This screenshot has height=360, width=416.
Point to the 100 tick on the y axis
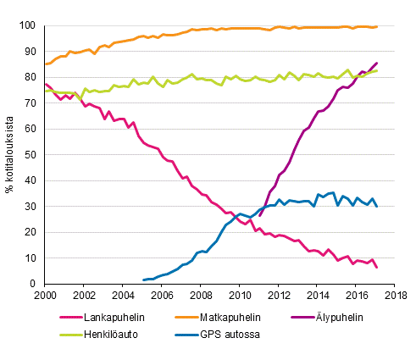coord(31,26)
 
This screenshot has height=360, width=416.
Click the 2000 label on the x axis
coord(46,296)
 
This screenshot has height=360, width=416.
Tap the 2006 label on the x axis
coord(163,296)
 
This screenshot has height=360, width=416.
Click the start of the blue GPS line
coord(143,280)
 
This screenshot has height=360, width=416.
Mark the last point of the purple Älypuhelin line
coord(377,64)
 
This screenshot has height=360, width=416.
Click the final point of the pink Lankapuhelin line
coord(377,268)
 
